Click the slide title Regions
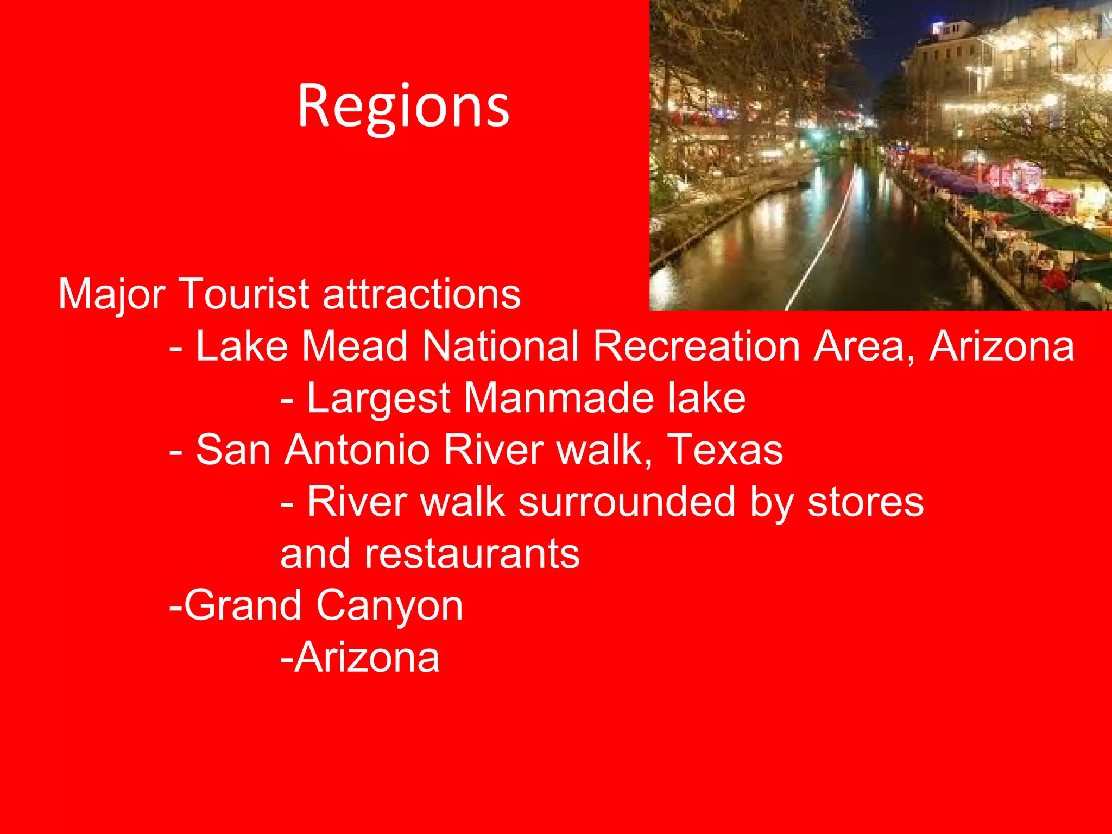click(403, 107)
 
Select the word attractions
click(422, 294)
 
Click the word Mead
click(355, 345)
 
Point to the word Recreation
click(697, 345)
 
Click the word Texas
click(725, 450)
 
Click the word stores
click(865, 503)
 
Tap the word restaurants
click(430, 554)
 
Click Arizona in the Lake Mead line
click(1002, 345)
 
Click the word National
click(501, 345)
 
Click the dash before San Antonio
click(175, 452)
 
